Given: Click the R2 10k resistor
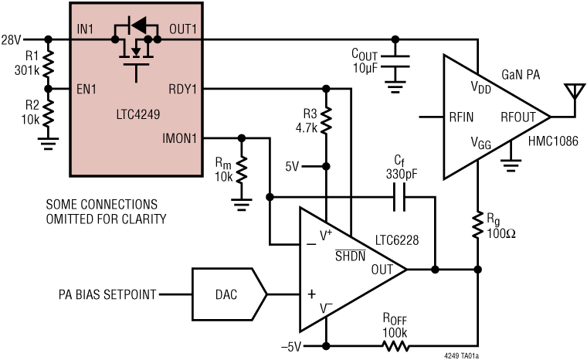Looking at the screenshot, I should (49, 113).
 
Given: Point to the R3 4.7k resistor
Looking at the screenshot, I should (327, 120).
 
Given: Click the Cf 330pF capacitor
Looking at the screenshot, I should (398, 201).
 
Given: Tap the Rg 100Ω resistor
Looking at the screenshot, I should (479, 225).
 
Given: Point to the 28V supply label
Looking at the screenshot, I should (12, 39).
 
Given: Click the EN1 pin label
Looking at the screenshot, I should (85, 90).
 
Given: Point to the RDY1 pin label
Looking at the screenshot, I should (182, 90).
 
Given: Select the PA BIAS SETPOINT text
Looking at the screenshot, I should (107, 294).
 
